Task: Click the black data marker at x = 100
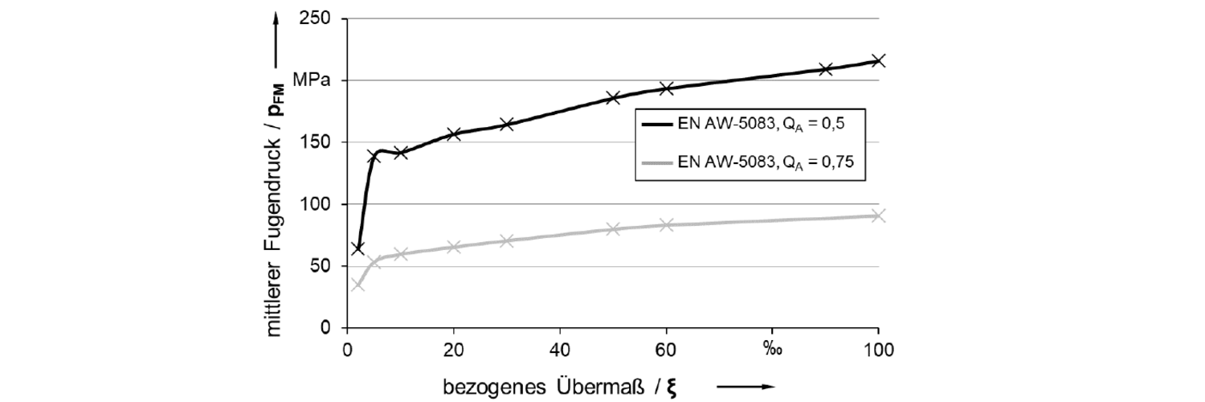[878, 60]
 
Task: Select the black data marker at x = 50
[613, 98]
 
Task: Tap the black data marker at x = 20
[453, 133]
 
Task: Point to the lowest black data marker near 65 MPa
[357, 248]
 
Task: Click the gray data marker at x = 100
[878, 215]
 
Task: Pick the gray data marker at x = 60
[666, 225]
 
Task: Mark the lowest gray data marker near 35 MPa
[357, 285]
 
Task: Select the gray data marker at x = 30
[506, 240]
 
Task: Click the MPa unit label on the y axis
[310, 80]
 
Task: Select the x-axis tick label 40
[559, 350]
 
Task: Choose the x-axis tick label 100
[878, 350]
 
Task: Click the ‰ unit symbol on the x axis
[772, 350]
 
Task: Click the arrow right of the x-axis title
[745, 387]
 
